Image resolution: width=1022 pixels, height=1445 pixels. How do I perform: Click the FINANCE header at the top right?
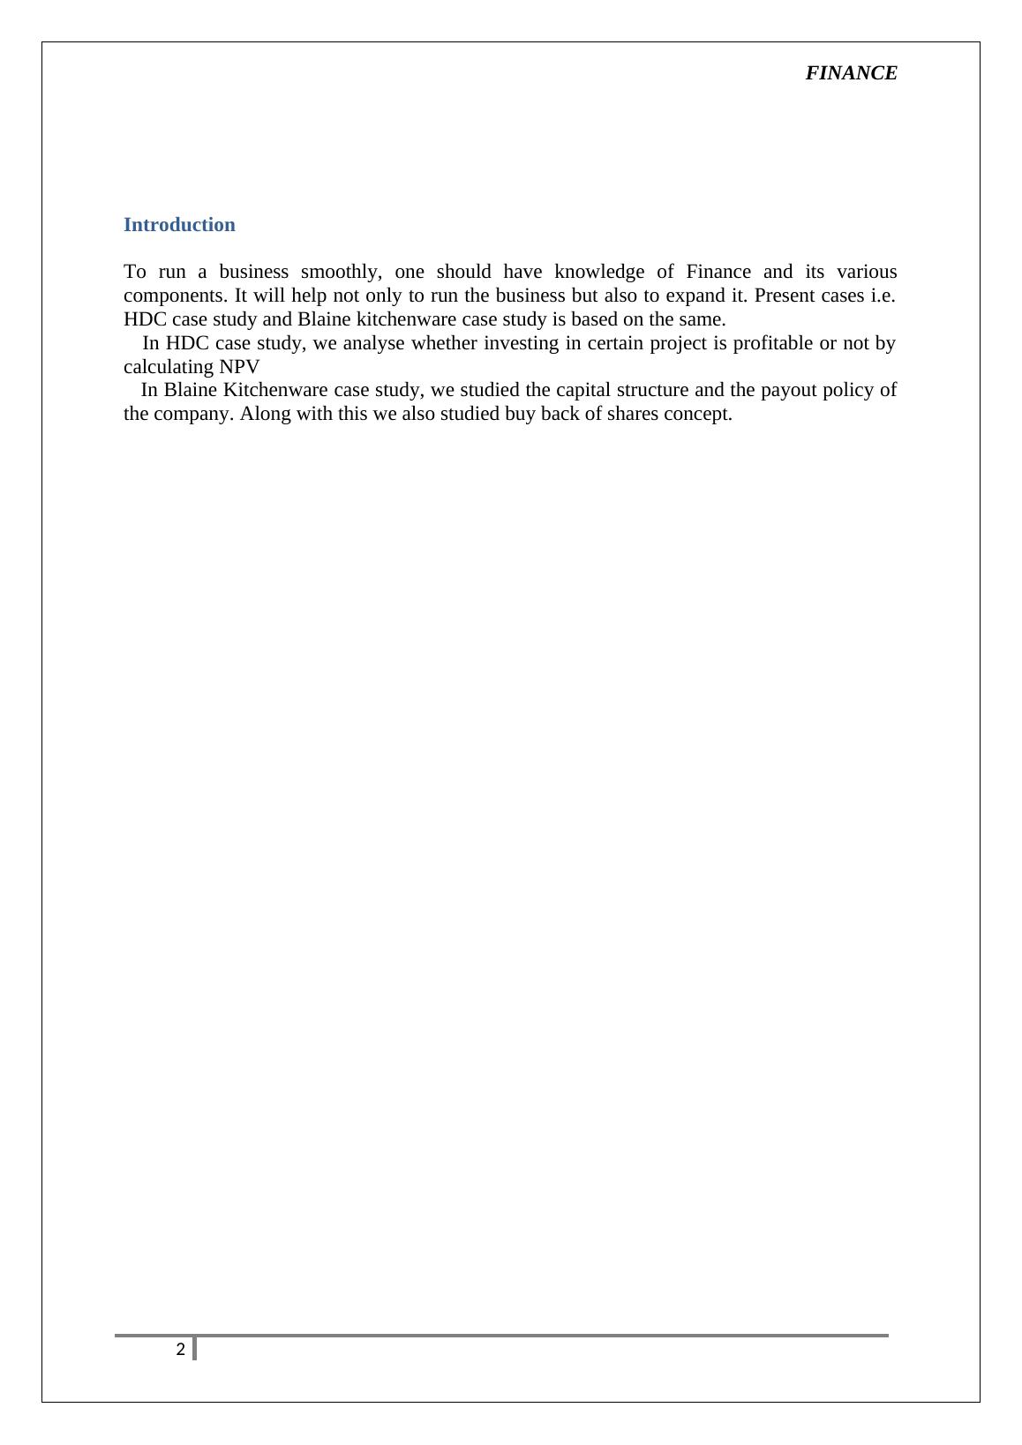click(x=851, y=73)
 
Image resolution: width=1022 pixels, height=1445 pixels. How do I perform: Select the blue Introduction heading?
click(x=179, y=225)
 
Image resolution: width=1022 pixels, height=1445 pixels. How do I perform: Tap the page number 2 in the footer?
click(x=181, y=1349)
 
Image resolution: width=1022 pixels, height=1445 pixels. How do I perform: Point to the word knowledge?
click(x=599, y=272)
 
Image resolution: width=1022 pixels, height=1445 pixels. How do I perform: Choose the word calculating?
click(x=169, y=367)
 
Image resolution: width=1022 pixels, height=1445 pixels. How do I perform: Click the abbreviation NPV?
click(x=240, y=367)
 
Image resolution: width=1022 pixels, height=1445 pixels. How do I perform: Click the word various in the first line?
click(x=867, y=272)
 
